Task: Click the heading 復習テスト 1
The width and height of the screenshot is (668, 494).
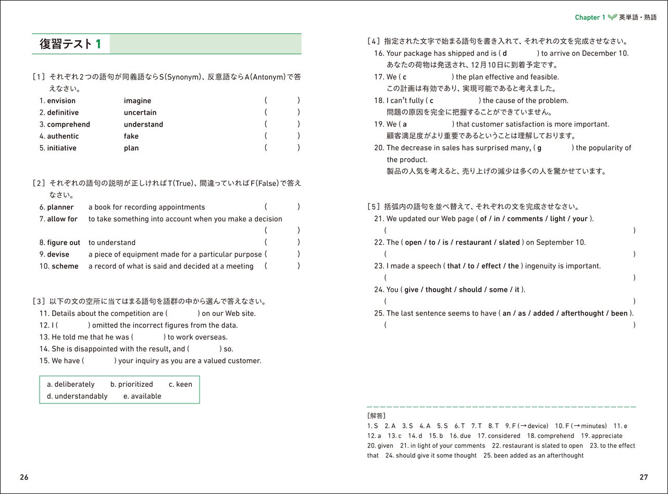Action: pos(70,44)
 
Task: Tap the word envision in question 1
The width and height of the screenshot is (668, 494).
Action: pos(61,100)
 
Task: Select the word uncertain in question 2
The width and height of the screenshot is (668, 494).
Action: pos(140,112)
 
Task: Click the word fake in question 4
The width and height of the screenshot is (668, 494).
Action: pos(131,136)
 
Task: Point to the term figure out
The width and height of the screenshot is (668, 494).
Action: pos(64,243)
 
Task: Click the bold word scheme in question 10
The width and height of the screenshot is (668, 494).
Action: pos(65,266)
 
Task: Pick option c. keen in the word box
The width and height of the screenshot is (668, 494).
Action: pos(180,384)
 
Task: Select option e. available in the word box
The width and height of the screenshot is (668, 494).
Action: pos(142,396)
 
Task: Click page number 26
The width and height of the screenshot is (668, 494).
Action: pos(24,477)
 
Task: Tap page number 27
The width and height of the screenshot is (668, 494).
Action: pos(644,477)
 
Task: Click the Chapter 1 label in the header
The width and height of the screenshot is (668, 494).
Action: pos(590,18)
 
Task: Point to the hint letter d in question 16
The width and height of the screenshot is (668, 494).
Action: pos(504,53)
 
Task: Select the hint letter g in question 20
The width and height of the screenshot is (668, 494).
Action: pos(539,148)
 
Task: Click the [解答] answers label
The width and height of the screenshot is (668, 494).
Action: pos(376,415)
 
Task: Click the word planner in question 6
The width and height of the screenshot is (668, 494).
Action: pos(60,207)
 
